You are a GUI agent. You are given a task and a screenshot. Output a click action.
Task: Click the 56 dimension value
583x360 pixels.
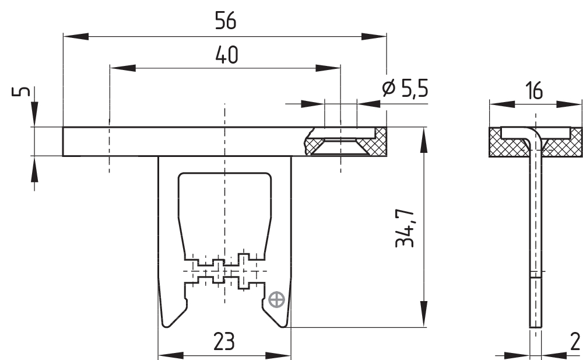coord(226,21)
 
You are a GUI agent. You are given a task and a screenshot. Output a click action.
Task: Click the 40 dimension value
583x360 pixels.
coord(226,55)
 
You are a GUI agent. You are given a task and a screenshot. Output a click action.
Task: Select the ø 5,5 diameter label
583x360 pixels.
coord(405,88)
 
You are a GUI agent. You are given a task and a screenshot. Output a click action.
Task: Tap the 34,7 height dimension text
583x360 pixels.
coord(405,228)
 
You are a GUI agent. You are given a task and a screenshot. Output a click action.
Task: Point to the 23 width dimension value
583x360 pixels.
coord(224,341)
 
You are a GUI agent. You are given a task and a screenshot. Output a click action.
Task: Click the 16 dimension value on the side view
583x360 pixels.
coord(534,90)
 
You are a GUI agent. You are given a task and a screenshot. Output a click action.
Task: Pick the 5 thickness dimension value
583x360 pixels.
coord(21,91)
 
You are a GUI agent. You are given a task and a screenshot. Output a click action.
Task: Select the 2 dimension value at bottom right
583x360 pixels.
coord(575,342)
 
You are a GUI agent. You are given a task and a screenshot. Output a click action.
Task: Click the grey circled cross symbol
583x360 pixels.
coord(276,300)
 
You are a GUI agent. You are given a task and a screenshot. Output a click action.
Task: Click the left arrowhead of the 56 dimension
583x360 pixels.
coord(76,37)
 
